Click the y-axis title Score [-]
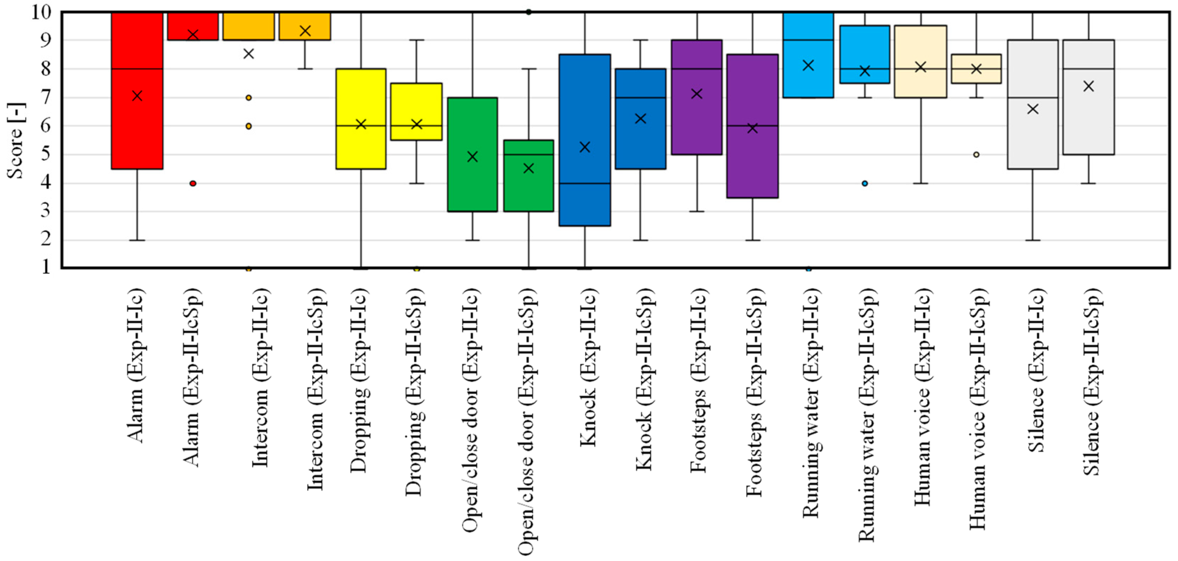(17, 140)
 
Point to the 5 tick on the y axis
(46, 154)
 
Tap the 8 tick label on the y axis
(46, 69)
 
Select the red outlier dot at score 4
(193, 183)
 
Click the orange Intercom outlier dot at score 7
(249, 98)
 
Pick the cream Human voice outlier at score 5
(976, 154)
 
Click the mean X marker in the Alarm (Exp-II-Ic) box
(137, 95)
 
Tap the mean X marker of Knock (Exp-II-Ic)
(585, 147)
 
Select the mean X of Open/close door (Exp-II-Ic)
(473, 157)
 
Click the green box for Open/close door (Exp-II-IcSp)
(529, 192)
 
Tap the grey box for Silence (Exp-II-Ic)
(1033, 137)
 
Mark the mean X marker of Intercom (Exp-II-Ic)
(249, 54)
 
